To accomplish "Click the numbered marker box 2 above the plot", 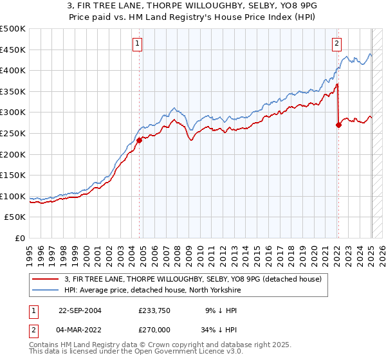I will point(336,44).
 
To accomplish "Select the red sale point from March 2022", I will point(338,125).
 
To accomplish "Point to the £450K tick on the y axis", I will point(13,50).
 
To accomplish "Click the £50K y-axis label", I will point(15,217).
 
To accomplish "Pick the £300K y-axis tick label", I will point(13,113).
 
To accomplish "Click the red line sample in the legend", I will point(46,278).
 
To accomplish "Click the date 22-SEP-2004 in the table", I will point(80,310).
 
